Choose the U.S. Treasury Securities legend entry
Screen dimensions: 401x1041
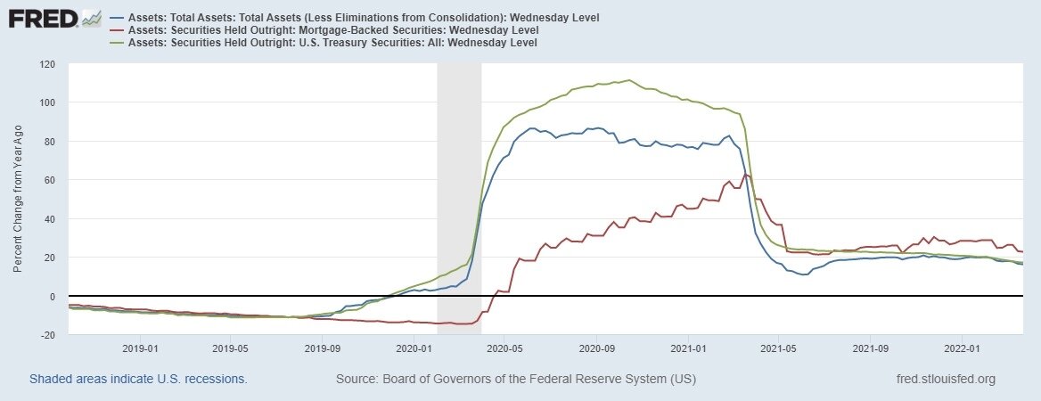pos(334,42)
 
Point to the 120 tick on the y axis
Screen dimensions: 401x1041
pos(47,64)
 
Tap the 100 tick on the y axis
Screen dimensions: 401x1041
pos(47,102)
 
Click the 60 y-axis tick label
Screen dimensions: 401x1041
pos(50,180)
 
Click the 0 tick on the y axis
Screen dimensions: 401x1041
pos(53,296)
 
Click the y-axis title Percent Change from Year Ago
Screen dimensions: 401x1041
pos(19,200)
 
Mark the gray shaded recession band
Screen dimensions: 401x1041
pos(459,196)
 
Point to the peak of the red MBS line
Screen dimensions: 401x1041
pos(747,176)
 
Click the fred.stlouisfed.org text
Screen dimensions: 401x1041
pos(945,380)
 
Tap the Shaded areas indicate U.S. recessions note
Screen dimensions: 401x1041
pos(138,380)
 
